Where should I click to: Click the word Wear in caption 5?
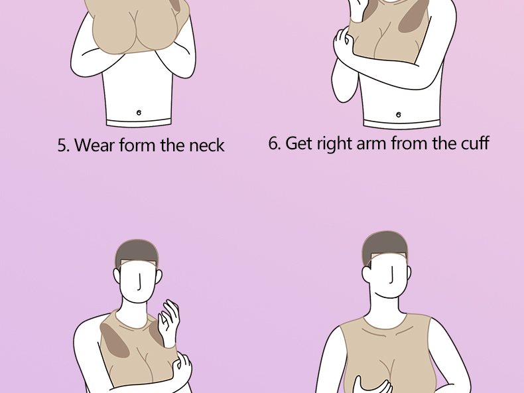[x=94, y=145]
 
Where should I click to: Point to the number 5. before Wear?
[x=63, y=145]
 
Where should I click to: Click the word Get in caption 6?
[x=298, y=143]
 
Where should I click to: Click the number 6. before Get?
[x=275, y=143]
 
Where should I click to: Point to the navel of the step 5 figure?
[x=139, y=113]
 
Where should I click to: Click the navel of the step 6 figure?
[x=398, y=115]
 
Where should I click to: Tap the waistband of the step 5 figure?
[x=139, y=122]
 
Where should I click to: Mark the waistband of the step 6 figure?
[x=402, y=124]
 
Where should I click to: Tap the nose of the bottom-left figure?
[x=140, y=282]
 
